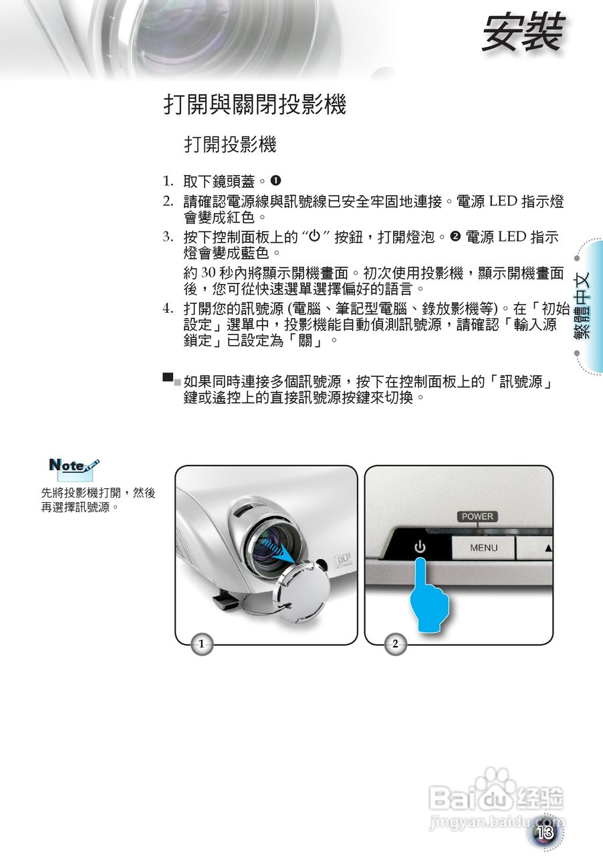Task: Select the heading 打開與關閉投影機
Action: point(255,105)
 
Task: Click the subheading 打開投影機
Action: point(230,144)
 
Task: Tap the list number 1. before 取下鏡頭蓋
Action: point(169,181)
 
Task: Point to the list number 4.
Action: point(169,309)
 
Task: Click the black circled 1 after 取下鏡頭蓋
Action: point(275,181)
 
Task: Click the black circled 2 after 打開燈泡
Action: point(454,237)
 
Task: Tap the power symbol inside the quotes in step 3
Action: point(314,237)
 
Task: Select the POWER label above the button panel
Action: point(477,516)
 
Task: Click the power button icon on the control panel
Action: point(420,547)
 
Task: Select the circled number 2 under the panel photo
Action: point(395,644)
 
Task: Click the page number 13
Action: point(545,833)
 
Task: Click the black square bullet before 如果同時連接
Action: point(168,378)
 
